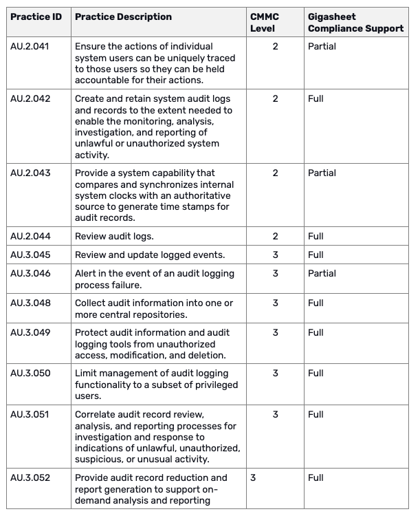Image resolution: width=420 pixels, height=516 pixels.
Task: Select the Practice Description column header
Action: (x=123, y=17)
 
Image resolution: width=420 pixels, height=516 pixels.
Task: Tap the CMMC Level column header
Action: (x=265, y=22)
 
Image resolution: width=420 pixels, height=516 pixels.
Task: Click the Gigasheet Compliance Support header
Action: (x=355, y=22)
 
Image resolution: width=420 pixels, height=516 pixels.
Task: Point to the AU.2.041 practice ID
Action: (x=30, y=47)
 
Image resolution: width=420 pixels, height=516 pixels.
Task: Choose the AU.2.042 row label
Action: (x=30, y=99)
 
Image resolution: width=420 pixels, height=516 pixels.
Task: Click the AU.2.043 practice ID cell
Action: (x=30, y=173)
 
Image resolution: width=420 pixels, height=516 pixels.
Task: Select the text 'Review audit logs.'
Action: (x=114, y=237)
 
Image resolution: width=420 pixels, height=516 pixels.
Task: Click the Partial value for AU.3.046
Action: (x=322, y=274)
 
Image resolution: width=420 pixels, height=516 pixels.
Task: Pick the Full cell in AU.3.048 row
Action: (x=316, y=303)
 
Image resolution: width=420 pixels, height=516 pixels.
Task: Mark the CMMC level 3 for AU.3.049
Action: (x=276, y=333)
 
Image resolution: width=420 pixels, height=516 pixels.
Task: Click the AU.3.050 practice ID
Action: (x=30, y=374)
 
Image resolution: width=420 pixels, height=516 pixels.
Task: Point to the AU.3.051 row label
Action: (x=30, y=415)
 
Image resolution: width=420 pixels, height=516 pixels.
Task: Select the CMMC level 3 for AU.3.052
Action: (x=253, y=478)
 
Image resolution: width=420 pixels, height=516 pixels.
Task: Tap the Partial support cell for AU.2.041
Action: (x=322, y=47)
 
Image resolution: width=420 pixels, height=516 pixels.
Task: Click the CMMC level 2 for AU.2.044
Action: (x=276, y=237)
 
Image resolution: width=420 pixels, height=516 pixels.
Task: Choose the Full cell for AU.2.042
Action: (x=316, y=99)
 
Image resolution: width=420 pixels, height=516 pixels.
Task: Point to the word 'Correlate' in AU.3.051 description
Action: (x=98, y=415)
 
